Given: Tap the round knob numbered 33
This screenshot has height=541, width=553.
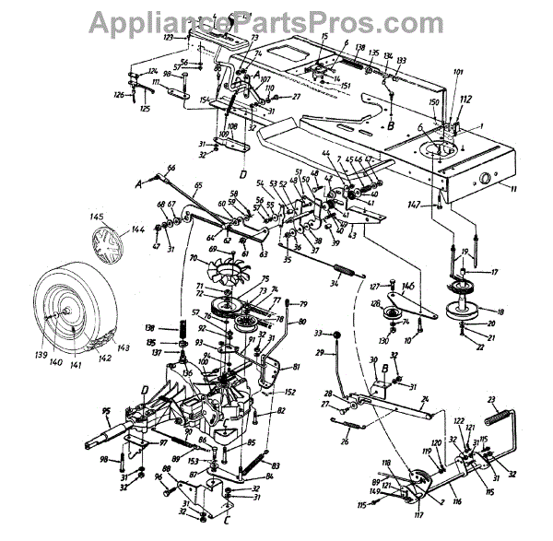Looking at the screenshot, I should coord(334,334).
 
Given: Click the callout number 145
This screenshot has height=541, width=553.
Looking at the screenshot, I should coord(96,218).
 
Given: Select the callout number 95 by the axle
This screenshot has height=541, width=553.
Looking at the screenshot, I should coord(106,411).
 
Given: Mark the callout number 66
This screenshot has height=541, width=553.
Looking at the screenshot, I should coord(171,167).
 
